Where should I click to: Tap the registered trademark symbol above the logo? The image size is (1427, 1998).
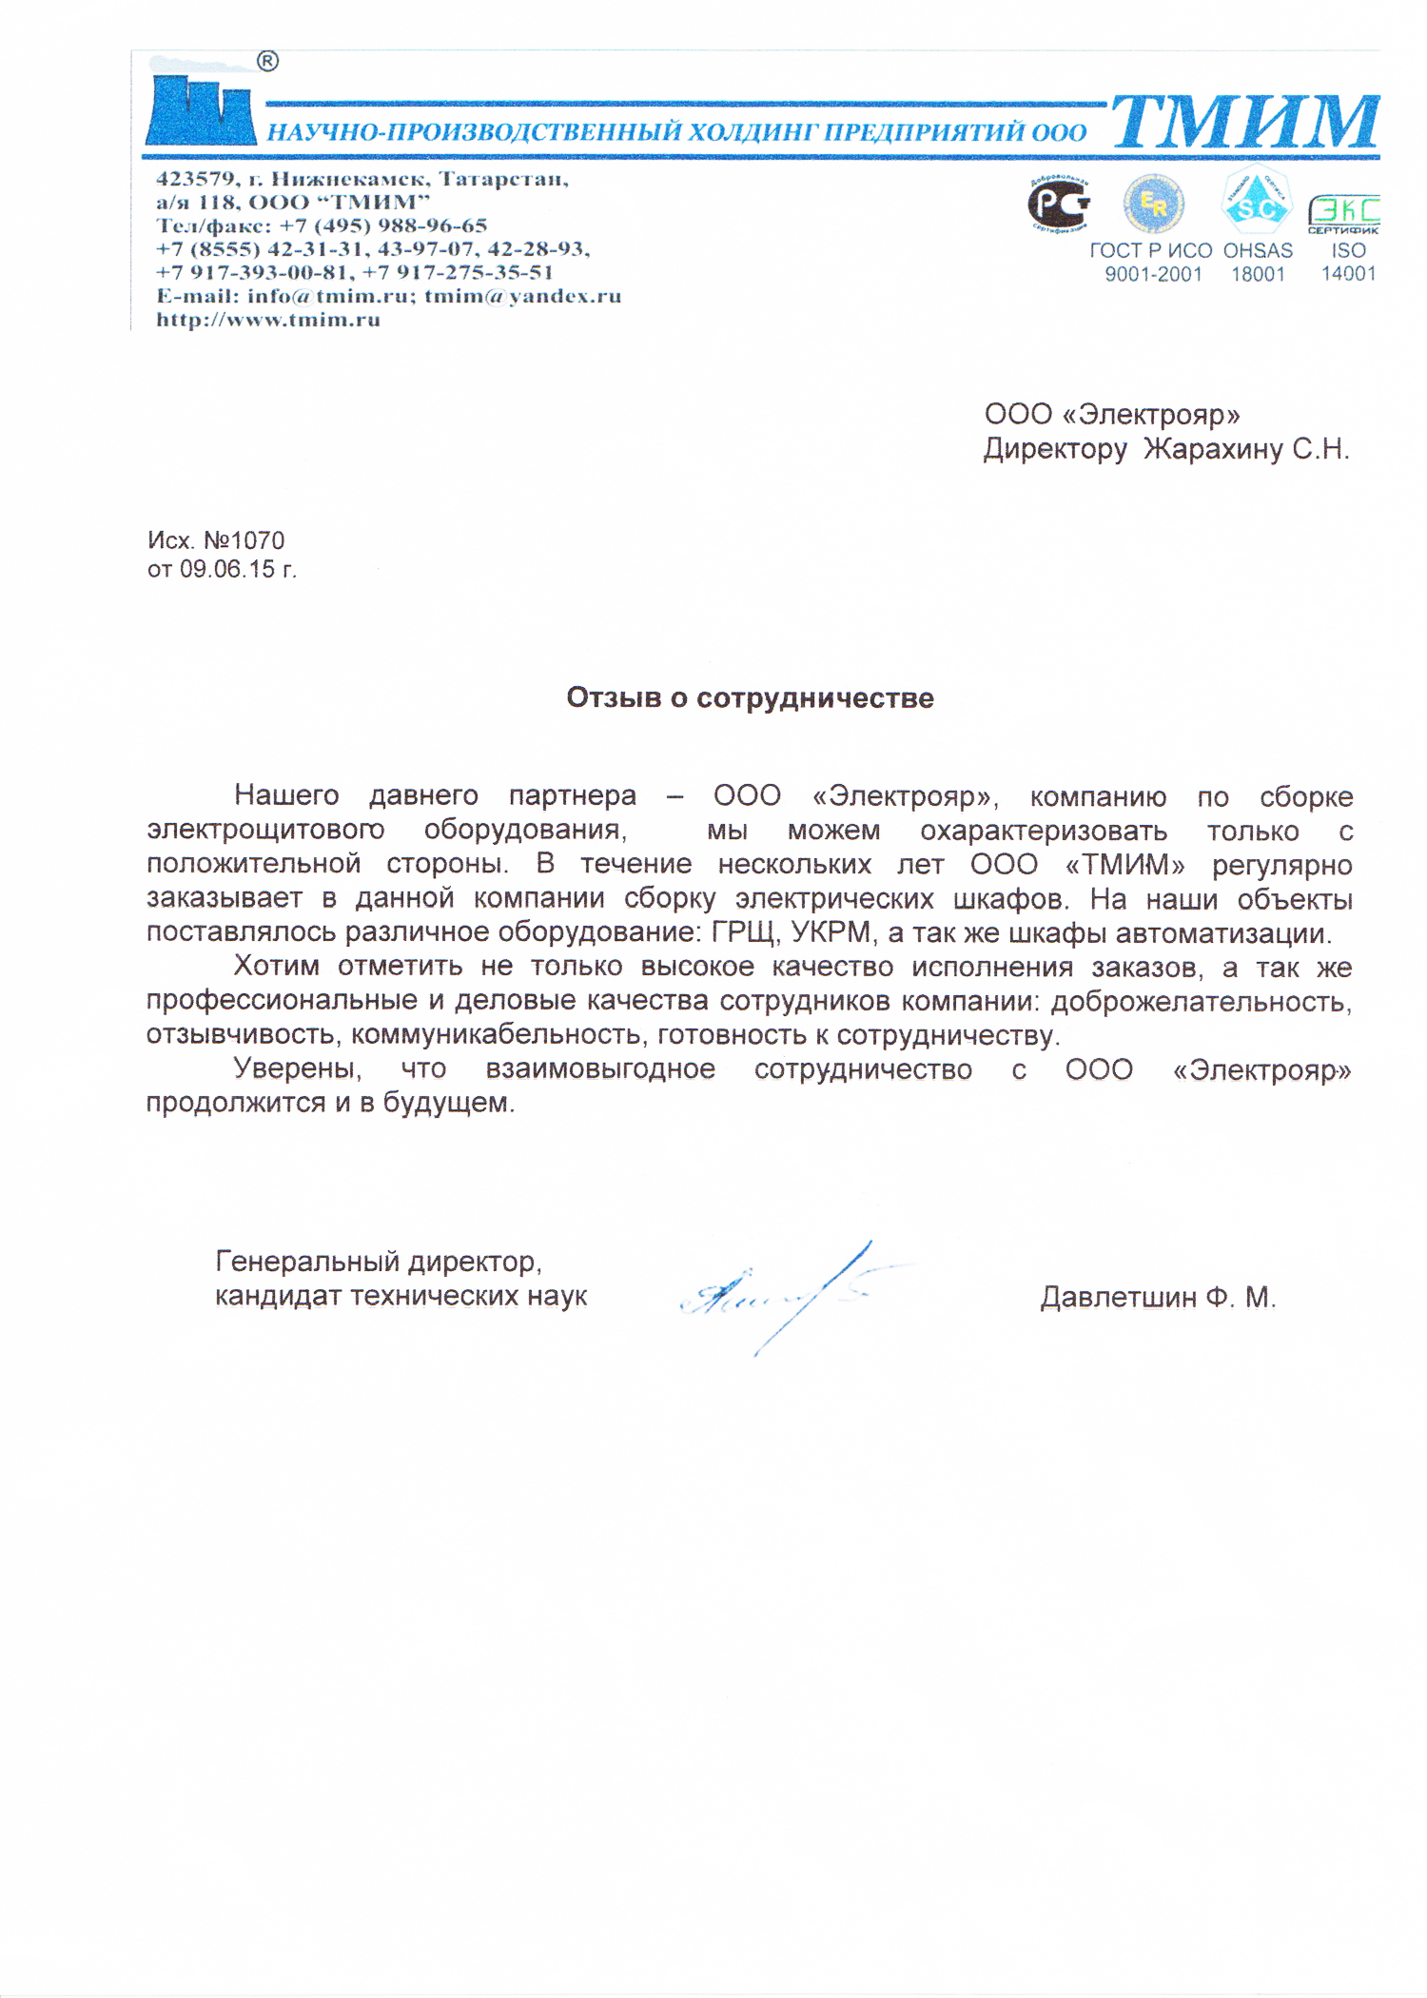click(268, 62)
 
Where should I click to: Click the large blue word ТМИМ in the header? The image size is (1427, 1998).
click(1244, 121)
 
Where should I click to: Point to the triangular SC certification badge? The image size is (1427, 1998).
click(1256, 201)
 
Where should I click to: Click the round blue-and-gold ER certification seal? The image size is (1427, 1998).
click(1153, 203)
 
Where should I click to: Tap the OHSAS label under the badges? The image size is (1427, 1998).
click(1258, 251)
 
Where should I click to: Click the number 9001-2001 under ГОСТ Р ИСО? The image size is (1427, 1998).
click(1153, 275)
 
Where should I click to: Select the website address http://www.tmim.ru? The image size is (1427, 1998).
click(268, 320)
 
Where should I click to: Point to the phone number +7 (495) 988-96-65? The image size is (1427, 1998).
click(383, 225)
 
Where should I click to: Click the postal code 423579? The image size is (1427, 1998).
click(196, 179)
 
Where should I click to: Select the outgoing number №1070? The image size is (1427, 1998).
click(244, 540)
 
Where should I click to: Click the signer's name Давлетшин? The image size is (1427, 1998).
click(1118, 1297)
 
